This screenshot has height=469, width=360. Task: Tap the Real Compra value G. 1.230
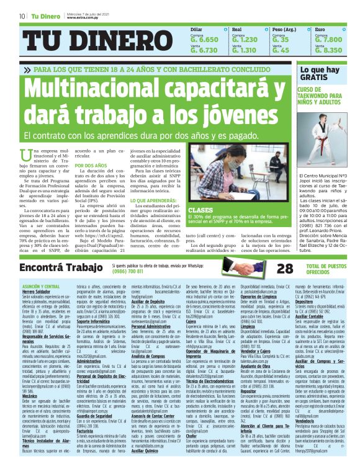243,40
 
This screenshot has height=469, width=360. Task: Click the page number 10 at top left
22,16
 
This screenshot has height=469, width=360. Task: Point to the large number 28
285,268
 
